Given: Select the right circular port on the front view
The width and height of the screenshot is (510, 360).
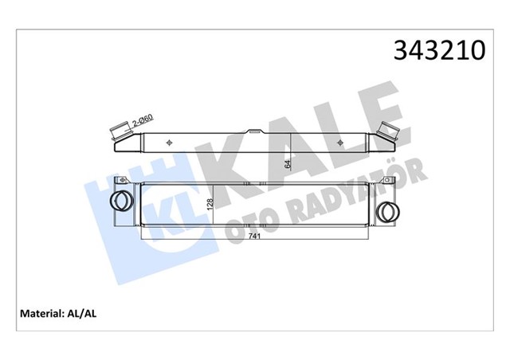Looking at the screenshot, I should tap(387, 211).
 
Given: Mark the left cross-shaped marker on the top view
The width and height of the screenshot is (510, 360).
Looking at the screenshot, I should tap(171, 142).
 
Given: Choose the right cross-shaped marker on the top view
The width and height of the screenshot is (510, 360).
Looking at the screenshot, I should tap(341, 142).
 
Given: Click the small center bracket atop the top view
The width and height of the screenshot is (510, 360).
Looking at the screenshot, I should tap(255, 131).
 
